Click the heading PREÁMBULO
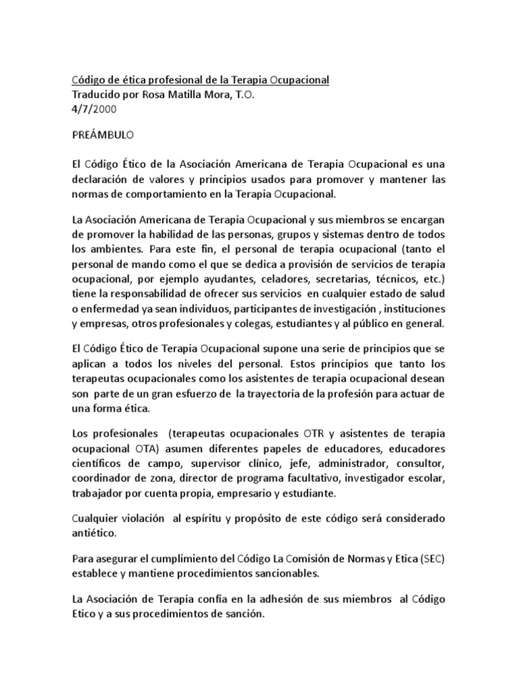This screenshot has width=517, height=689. click(x=103, y=135)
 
